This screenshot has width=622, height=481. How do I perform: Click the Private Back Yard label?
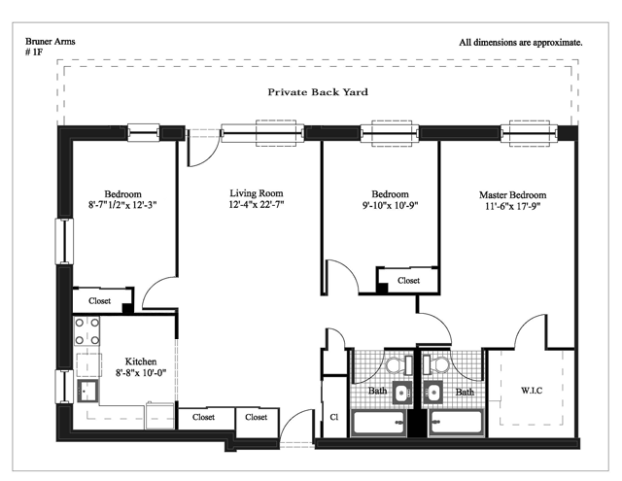pyautogui.click(x=318, y=92)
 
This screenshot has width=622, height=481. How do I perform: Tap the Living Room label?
pyautogui.click(x=257, y=193)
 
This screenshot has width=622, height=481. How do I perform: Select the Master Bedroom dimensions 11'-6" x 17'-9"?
pyautogui.click(x=512, y=206)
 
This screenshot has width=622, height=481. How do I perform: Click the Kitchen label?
pyautogui.click(x=141, y=361)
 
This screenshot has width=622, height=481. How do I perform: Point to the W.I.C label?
pyautogui.click(x=532, y=391)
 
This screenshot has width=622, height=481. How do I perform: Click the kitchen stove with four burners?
pyautogui.click(x=86, y=331)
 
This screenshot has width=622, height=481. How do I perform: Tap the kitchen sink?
pyautogui.click(x=87, y=391)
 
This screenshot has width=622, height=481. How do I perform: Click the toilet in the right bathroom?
pyautogui.click(x=435, y=364)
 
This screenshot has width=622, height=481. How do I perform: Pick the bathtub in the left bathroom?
pyautogui.click(x=379, y=423)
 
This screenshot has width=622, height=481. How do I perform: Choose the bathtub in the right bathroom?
pyautogui.click(x=457, y=423)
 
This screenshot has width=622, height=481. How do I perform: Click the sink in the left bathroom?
pyautogui.click(x=401, y=393)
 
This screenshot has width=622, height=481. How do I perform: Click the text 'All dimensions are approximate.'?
pyautogui.click(x=521, y=43)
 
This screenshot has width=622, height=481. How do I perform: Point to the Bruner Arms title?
pyautogui.click(x=50, y=41)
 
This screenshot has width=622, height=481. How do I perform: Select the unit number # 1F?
pyautogui.click(x=34, y=52)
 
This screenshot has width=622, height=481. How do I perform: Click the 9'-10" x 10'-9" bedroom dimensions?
pyautogui.click(x=390, y=205)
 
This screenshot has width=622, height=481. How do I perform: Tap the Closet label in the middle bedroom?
pyautogui.click(x=408, y=281)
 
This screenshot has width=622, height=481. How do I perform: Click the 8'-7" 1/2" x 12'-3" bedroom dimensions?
pyautogui.click(x=122, y=205)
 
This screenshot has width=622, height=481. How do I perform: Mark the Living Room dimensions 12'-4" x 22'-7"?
pyautogui.click(x=257, y=204)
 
